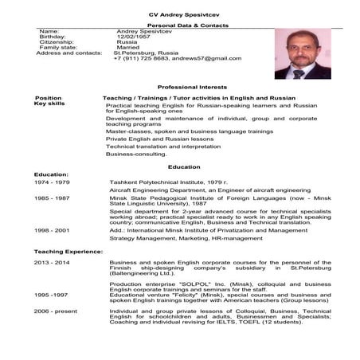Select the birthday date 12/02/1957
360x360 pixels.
[132, 37]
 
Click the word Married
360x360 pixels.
[130, 50]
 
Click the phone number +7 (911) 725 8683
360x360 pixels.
[141, 58]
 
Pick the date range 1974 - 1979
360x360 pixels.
[52, 182]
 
